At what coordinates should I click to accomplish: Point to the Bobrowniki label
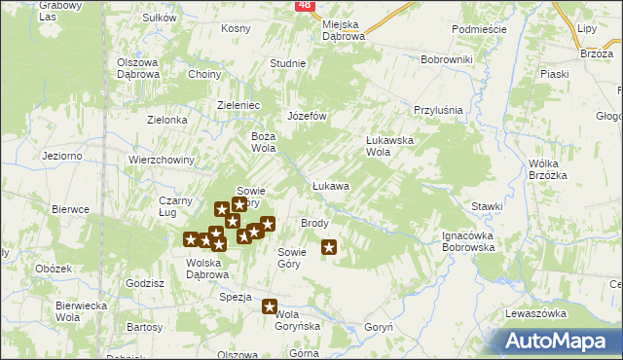[446, 59]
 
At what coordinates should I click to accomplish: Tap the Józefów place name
[306, 115]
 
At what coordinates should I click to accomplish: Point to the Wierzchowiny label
[163, 160]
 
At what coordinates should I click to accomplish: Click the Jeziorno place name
[61, 156]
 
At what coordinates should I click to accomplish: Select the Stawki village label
[487, 206]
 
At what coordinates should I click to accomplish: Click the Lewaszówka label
[535, 313]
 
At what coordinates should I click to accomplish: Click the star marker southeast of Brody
[329, 247]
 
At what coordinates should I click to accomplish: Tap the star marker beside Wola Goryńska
[270, 307]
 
